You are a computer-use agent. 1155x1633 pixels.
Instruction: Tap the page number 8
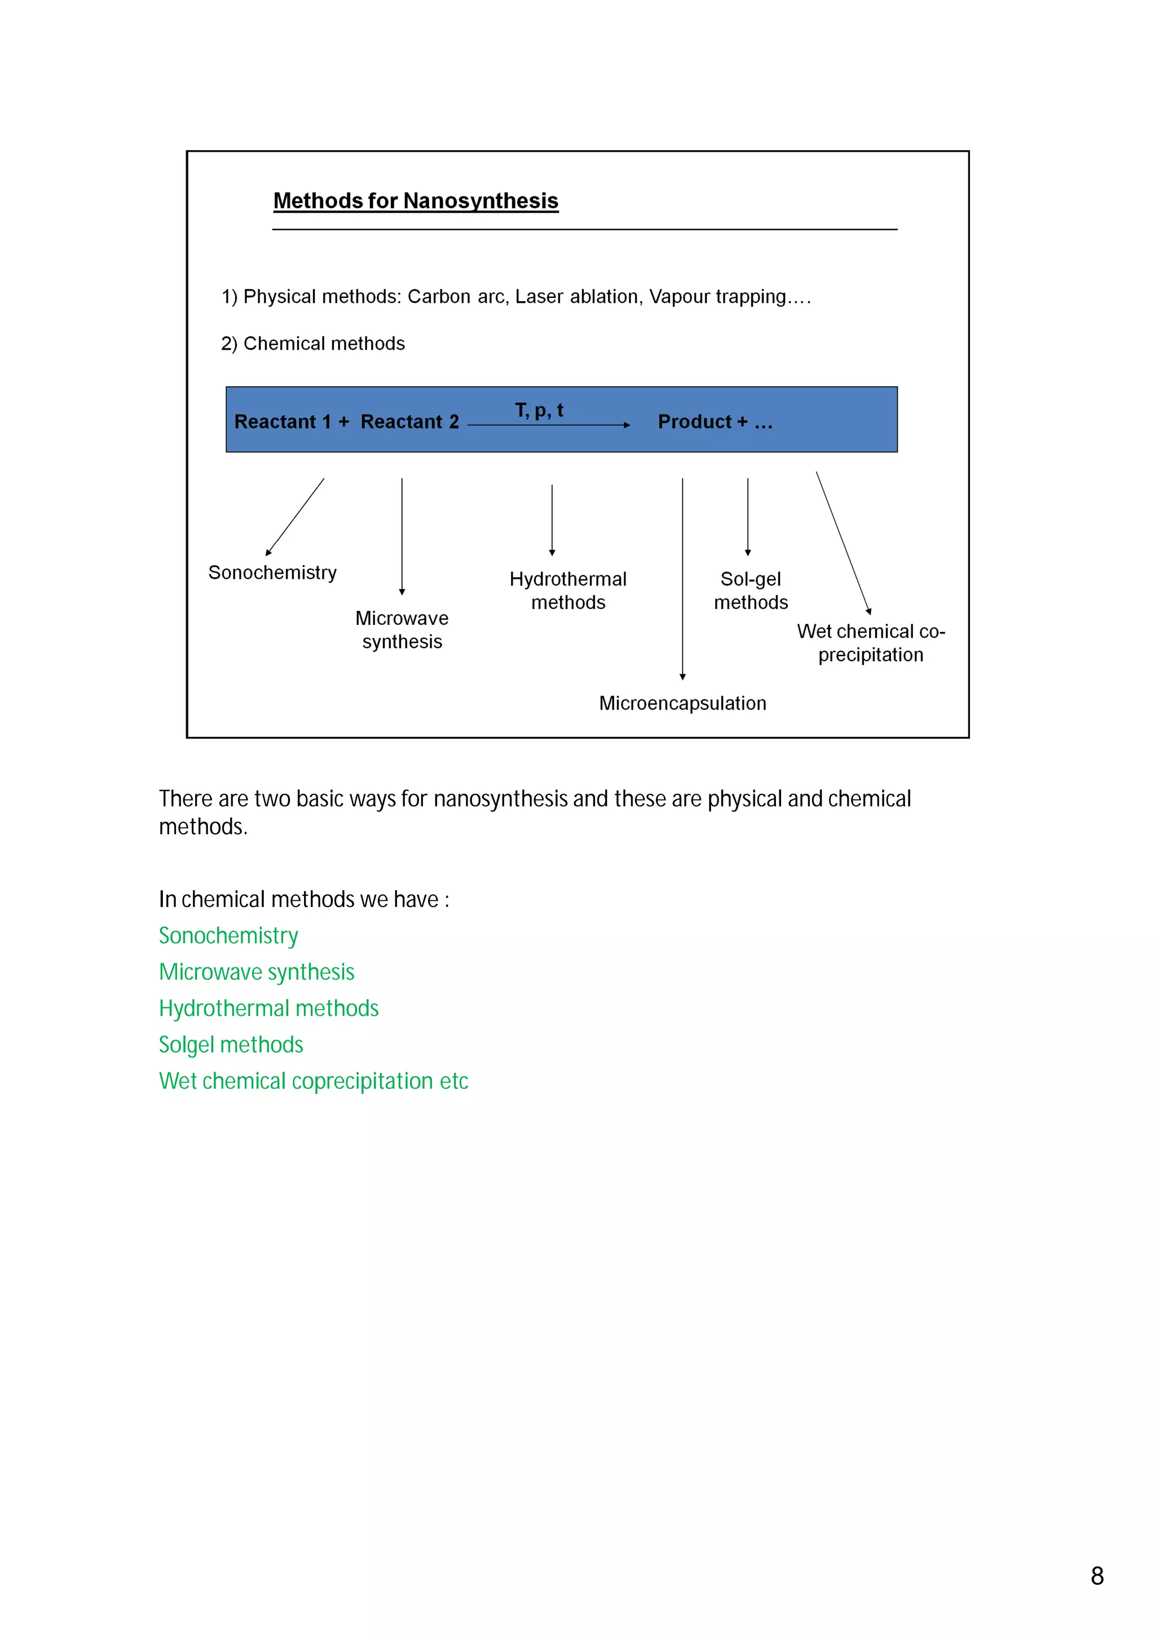(1097, 1575)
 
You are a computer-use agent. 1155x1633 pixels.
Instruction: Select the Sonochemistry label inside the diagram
(272, 573)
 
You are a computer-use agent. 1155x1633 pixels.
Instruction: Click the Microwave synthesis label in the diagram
(402, 630)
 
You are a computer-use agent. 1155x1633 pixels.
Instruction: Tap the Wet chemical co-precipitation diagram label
(871, 643)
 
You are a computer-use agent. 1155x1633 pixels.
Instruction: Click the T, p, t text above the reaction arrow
(539, 411)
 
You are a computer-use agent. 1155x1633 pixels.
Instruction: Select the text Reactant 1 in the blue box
(283, 422)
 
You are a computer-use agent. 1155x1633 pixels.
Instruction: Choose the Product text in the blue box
(694, 422)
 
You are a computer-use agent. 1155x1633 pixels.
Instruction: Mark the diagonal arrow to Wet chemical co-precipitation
(843, 542)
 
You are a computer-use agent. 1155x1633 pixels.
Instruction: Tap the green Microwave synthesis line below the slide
(257, 972)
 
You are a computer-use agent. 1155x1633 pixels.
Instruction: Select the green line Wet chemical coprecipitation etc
(314, 1081)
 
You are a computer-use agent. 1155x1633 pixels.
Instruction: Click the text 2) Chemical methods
(313, 344)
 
